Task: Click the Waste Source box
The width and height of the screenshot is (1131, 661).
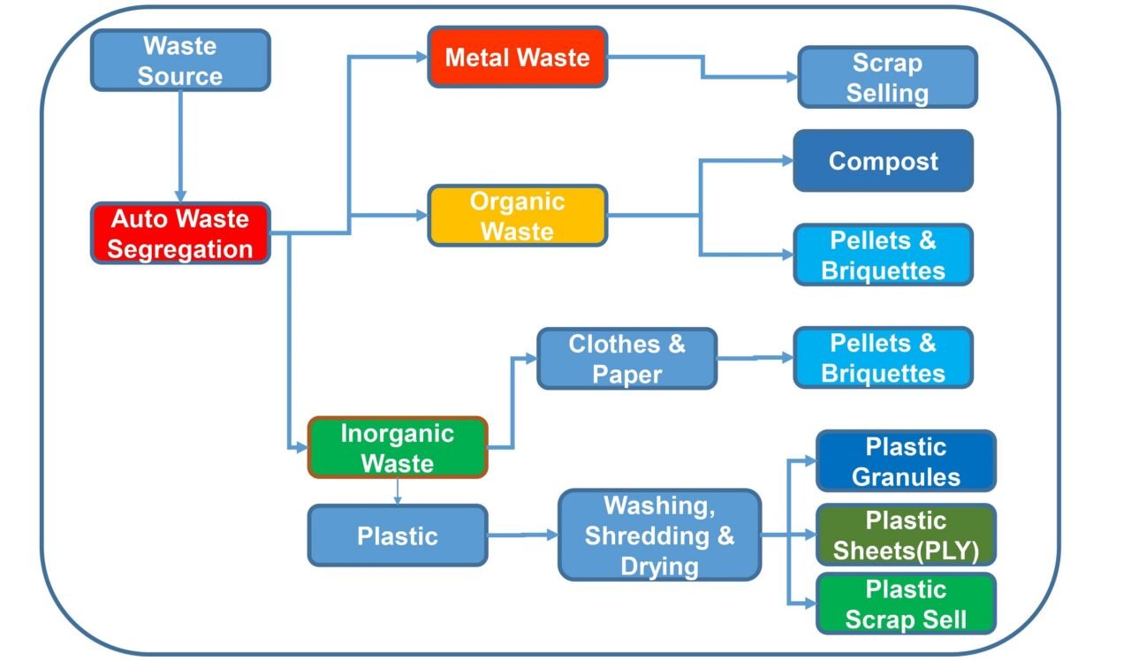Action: [x=180, y=60]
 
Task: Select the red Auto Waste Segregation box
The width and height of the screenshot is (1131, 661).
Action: [x=180, y=233]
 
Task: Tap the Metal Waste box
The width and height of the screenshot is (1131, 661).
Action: [x=517, y=57]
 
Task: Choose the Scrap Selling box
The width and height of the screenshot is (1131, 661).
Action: [x=887, y=78]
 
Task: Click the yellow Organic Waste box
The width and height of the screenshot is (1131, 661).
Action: [x=517, y=216]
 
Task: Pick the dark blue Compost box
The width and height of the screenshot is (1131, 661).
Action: [x=883, y=161]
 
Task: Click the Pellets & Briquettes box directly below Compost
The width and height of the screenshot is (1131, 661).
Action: [x=883, y=255]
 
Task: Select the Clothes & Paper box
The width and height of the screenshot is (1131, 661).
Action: [x=626, y=359]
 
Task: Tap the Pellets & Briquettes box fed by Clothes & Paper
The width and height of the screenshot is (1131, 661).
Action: [x=883, y=358]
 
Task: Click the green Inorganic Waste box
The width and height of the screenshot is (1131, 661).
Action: [x=397, y=448]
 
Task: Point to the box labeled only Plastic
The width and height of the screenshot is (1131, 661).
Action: [x=397, y=536]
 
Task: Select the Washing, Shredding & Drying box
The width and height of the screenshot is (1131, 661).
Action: [x=659, y=536]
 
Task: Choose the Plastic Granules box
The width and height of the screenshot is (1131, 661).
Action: [x=906, y=461]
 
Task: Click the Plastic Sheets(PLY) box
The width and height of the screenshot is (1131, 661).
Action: [x=906, y=536]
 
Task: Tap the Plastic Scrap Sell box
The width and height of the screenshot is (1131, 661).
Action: [x=906, y=604]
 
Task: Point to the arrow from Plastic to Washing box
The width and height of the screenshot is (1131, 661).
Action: [x=521, y=535]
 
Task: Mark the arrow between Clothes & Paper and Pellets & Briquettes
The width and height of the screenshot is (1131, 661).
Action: [x=755, y=358]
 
